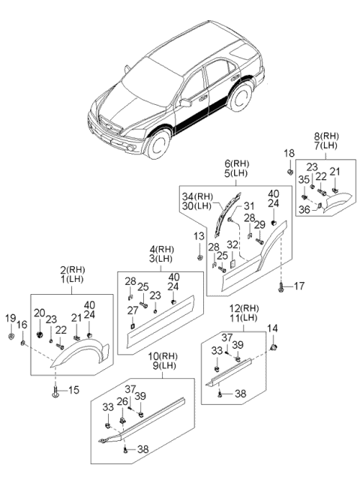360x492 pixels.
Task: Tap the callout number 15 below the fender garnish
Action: coord(73,390)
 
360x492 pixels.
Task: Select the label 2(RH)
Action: coord(73,269)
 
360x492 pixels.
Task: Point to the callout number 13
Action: coord(199,236)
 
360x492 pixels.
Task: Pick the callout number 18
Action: coord(289,153)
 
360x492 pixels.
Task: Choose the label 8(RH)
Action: coord(325,136)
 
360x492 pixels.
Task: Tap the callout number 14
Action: coord(272,328)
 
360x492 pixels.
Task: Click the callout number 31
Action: coord(249,207)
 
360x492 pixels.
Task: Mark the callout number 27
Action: coord(132,310)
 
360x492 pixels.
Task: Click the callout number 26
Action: coord(122,401)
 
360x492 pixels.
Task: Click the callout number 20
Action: coord(40,313)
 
